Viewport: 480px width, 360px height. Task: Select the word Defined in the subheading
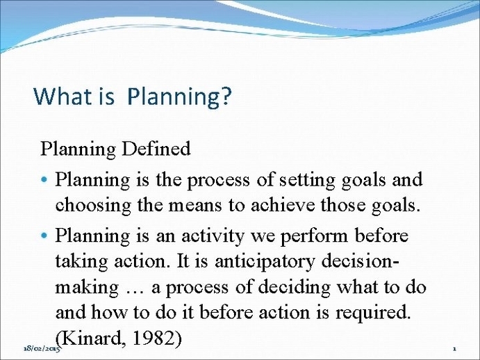(157, 148)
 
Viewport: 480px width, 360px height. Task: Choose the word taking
(79, 262)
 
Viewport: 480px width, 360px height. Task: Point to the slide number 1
(453, 347)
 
